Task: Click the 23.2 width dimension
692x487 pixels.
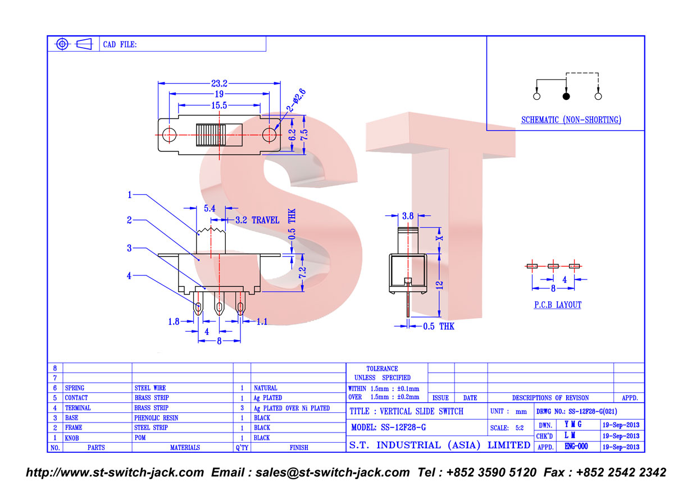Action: (x=219, y=84)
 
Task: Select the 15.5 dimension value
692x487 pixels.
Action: (x=219, y=105)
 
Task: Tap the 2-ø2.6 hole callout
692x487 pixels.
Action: (x=296, y=100)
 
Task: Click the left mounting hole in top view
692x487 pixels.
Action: (x=169, y=135)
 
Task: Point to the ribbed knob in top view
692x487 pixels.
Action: (x=211, y=135)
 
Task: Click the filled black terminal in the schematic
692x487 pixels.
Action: (x=566, y=97)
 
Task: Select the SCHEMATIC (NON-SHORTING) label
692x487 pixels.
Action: (x=571, y=120)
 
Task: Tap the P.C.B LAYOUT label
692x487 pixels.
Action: (x=558, y=305)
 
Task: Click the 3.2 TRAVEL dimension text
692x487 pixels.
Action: (x=257, y=220)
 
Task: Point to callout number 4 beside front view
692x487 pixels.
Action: (x=129, y=275)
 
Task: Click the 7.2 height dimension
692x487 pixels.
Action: (x=302, y=272)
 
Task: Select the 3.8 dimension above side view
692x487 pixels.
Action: (x=408, y=216)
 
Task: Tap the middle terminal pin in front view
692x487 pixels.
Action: (x=219, y=304)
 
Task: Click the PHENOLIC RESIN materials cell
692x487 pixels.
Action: (x=156, y=418)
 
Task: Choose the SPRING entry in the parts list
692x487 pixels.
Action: (x=75, y=388)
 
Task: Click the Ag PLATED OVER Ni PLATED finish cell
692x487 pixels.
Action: (x=292, y=408)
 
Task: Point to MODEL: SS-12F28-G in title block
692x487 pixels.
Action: (x=389, y=428)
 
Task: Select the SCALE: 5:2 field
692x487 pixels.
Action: (x=507, y=428)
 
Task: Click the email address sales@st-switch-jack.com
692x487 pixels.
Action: (x=333, y=472)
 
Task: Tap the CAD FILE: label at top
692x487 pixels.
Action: (x=120, y=44)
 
